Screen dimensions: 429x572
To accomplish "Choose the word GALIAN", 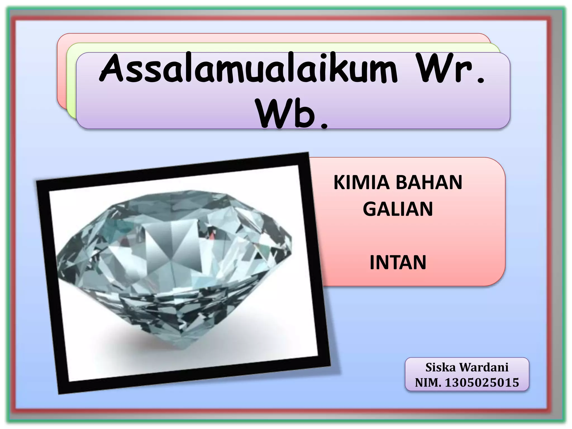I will coord(398,209).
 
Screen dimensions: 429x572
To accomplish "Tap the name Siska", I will coord(440,368).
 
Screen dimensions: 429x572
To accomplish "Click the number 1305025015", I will coord(482,383).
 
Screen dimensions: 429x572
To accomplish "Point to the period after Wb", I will coord(324,126).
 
